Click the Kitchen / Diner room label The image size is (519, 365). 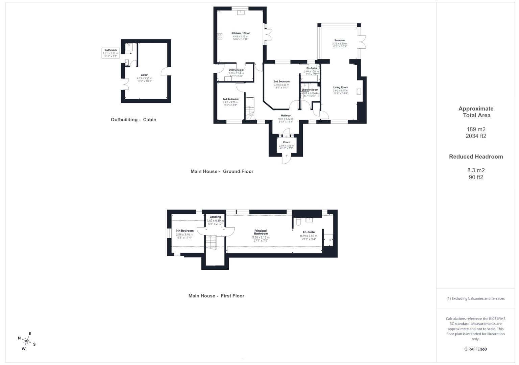point(241,33)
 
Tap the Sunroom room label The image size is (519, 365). point(340,40)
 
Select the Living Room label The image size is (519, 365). point(340,87)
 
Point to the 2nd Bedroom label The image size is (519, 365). point(281,81)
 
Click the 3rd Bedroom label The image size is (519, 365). point(230,99)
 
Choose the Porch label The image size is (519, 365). point(287,142)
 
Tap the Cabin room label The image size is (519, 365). point(144,75)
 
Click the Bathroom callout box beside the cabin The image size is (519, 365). point(110,53)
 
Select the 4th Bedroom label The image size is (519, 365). point(184,231)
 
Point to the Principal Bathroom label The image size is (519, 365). point(261,232)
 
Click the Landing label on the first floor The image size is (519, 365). point(215,217)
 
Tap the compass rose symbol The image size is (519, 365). point(27,341)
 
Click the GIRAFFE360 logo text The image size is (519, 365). point(475,349)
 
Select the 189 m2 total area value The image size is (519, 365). point(476,129)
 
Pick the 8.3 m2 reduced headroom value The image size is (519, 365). point(476,170)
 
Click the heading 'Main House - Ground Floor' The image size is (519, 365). point(222,171)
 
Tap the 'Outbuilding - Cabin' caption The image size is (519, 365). point(133,120)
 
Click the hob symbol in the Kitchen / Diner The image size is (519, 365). point(220,36)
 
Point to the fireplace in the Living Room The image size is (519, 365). point(359,91)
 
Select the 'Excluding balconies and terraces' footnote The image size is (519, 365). point(475,298)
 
